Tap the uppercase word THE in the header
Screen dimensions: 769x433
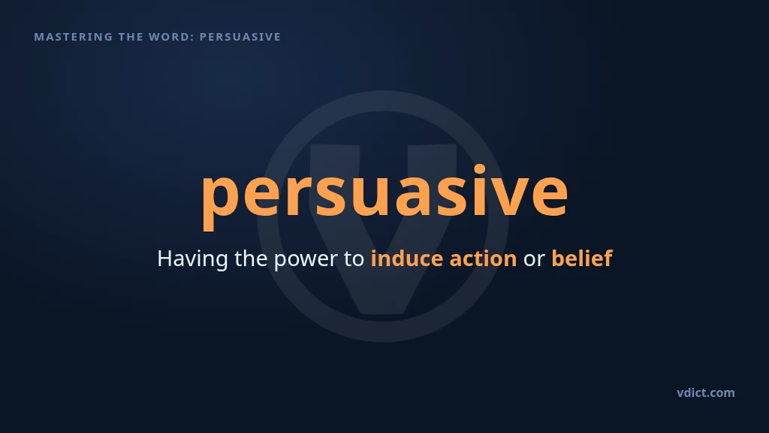pyautogui.click(x=131, y=37)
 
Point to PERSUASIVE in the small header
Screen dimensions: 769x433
pyautogui.click(x=240, y=37)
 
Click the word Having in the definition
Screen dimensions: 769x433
pyautogui.click(x=192, y=259)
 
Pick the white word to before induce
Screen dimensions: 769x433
pyautogui.click(x=354, y=259)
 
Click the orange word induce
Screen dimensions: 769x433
pyautogui.click(x=407, y=259)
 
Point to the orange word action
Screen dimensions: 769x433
pyautogui.click(x=483, y=259)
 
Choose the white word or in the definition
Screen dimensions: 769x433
pyautogui.click(x=534, y=261)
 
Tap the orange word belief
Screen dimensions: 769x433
pyautogui.click(x=582, y=259)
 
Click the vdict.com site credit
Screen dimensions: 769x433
pyautogui.click(x=706, y=392)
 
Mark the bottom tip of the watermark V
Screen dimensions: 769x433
pyautogui.click(x=384, y=312)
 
